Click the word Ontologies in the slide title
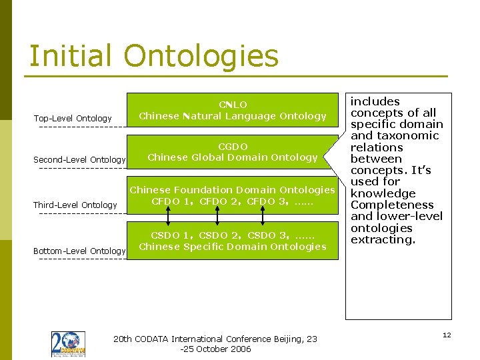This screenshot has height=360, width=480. coord(201,57)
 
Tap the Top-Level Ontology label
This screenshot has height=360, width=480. coord(73,119)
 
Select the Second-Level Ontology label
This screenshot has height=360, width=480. coord(79,160)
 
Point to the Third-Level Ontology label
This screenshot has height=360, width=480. coord(75,205)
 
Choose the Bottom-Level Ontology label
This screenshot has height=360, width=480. coord(79,251)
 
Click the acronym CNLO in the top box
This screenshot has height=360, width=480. coord(233,105)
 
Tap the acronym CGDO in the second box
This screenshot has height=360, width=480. coord(233,147)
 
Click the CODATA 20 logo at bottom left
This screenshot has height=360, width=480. coord(68,344)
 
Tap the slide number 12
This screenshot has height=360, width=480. coord(447,335)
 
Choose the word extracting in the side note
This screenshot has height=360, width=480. coord(383,239)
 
